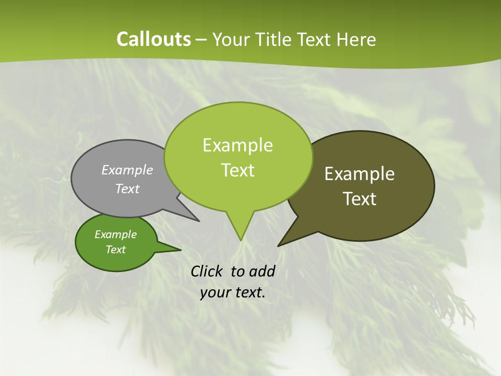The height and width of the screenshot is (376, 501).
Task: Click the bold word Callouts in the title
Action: tap(153, 40)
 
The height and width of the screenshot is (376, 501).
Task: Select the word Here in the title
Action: tap(356, 40)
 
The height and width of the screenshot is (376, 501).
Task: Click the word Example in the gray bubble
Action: tap(127, 170)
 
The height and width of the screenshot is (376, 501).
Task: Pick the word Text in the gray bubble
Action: tap(127, 189)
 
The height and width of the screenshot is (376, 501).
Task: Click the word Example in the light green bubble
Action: tap(237, 145)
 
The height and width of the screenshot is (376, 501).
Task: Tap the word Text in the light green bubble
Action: tap(237, 170)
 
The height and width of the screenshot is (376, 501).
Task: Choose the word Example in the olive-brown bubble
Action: tap(360, 174)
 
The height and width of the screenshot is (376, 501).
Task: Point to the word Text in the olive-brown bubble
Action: tap(360, 199)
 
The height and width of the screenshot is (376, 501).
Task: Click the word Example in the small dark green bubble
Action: tap(115, 234)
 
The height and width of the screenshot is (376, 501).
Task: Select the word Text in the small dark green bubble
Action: tap(115, 250)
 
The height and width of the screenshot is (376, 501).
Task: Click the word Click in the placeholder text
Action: tap(206, 271)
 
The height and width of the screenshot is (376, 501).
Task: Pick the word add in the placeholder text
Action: tap(263, 271)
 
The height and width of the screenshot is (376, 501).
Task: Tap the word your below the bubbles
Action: tap(216, 292)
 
